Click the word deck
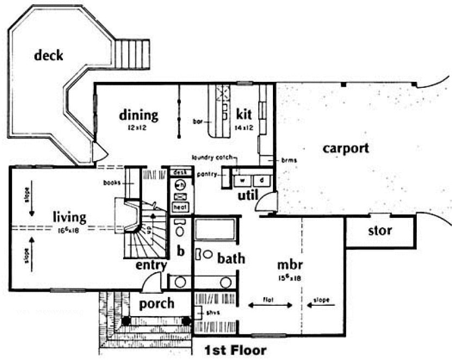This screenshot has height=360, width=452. (x=48, y=55)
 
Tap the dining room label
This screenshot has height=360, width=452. (x=139, y=115)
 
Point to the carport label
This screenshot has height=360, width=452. (x=345, y=148)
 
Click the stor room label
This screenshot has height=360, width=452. (x=380, y=231)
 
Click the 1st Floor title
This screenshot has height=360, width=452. (x=235, y=351)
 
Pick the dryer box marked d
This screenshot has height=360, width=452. (x=261, y=179)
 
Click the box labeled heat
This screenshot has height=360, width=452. (x=180, y=207)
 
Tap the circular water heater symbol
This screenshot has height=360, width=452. (x=180, y=185)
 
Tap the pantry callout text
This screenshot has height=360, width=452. (x=208, y=174)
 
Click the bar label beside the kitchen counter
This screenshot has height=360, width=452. (x=198, y=121)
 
